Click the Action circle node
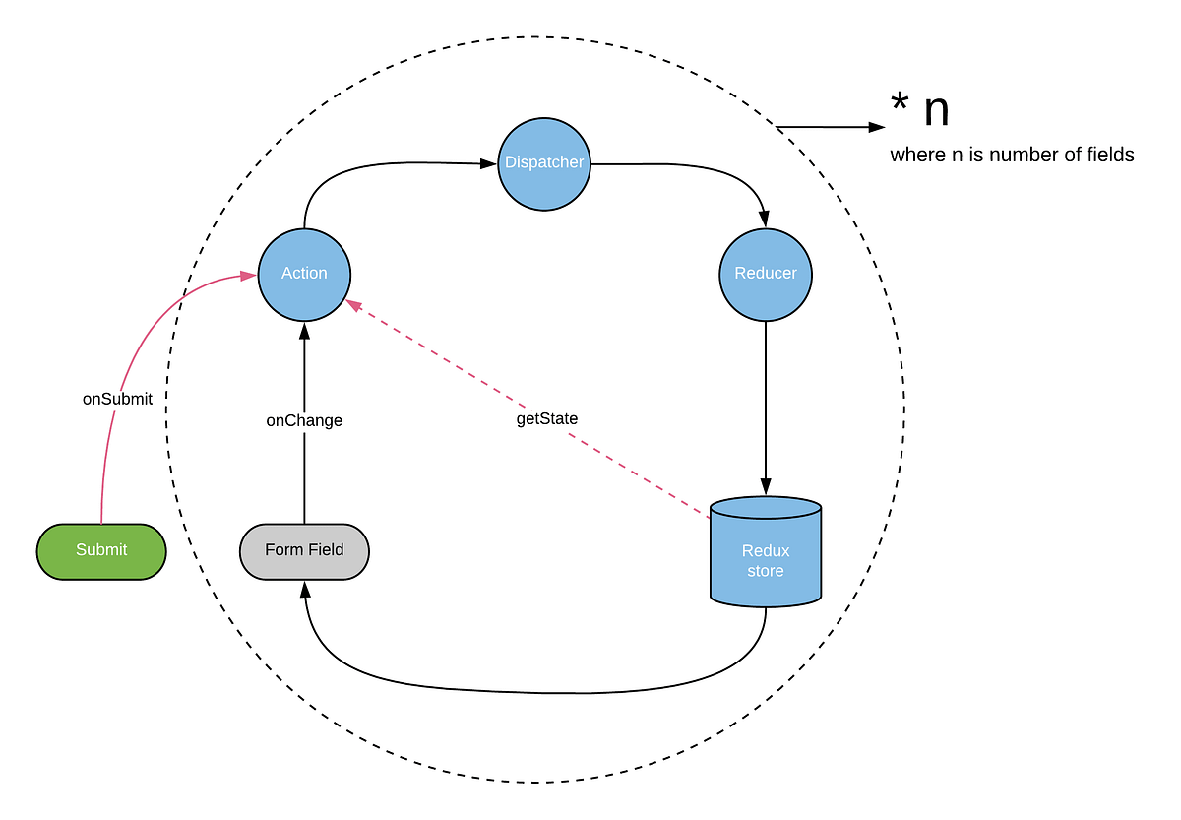tap(304, 274)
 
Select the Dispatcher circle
tap(543, 163)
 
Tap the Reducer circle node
tap(766, 274)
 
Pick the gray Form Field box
tap(304, 550)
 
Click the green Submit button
tap(101, 550)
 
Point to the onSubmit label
tap(117, 400)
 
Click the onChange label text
tap(304, 420)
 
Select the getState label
tap(547, 418)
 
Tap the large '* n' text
tap(919, 110)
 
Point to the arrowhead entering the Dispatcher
tap(488, 163)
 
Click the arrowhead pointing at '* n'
tap(877, 127)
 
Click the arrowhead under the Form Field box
tap(304, 588)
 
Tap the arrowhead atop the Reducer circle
tap(766, 221)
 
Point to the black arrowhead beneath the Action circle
tap(304, 330)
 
